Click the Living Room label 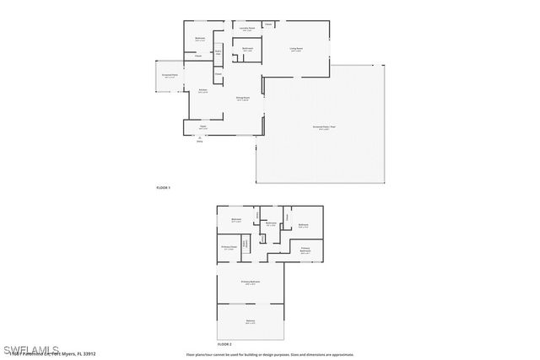coord(297,50)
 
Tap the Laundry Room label coord(246,29)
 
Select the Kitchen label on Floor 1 coord(203,91)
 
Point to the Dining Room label coord(243,99)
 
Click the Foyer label coord(202,128)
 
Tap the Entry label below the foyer coord(200,142)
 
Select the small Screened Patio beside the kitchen coord(169,75)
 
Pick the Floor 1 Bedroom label coord(200,40)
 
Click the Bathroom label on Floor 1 coord(247,50)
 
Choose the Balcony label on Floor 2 coord(250,322)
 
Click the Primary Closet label coord(228,248)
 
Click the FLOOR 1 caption coord(164,186)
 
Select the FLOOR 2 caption coord(224,345)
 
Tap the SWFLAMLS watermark coord(31,348)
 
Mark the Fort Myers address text coord(51,355)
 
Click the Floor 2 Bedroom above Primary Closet coord(236,220)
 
